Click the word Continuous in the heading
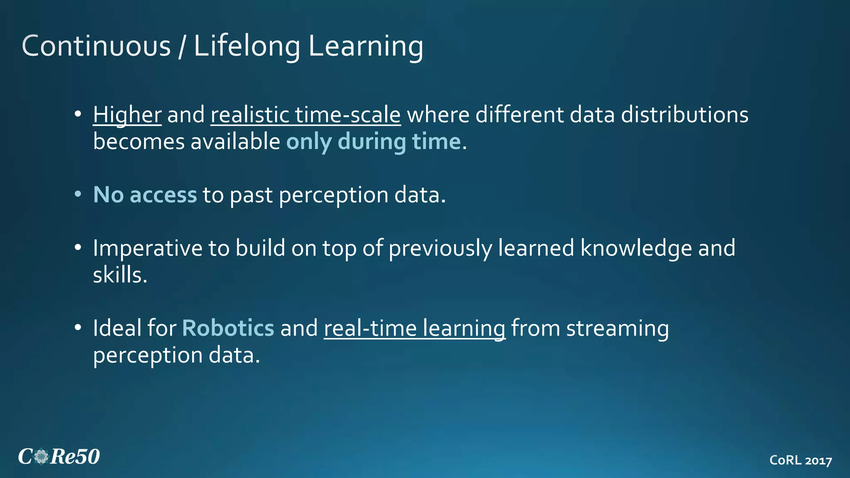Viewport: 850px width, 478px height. pos(96,46)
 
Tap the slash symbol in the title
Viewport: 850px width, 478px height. pos(182,46)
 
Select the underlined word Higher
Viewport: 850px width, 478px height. pos(127,115)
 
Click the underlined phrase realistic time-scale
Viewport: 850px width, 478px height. pos(305,115)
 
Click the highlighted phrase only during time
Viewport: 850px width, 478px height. pos(374,142)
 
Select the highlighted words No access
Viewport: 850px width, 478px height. pos(145,195)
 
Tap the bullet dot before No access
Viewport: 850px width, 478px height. pos(78,194)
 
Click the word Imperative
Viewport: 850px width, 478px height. pos(147,248)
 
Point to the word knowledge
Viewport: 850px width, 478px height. pos(636,248)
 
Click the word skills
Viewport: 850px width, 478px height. pos(120,275)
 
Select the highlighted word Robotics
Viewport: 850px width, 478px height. pos(228,328)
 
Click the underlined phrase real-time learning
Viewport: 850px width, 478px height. pos(414,328)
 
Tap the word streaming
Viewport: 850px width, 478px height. pos(617,328)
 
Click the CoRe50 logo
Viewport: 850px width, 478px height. pos(59,457)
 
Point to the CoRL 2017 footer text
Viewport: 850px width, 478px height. pos(800,460)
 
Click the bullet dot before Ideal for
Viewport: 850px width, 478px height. pos(78,328)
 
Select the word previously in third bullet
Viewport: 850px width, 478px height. pos(440,248)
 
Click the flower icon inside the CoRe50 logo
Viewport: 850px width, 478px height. pos(42,457)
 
